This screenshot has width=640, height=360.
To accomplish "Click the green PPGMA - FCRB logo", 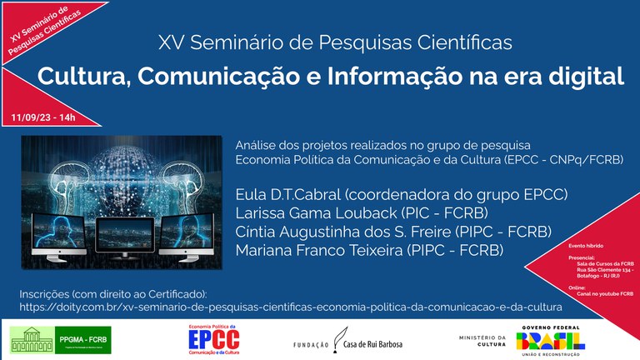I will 60,339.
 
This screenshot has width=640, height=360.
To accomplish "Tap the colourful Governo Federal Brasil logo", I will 550,340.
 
